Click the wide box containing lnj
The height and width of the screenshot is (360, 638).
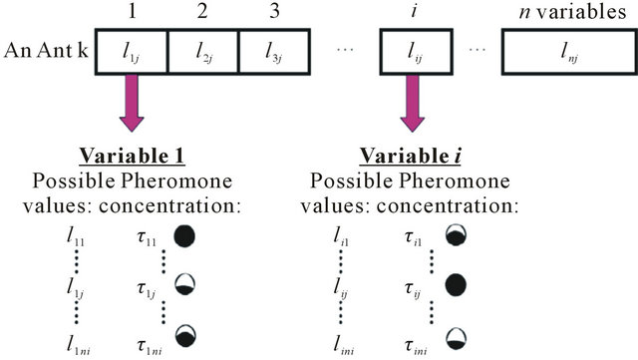(x=564, y=49)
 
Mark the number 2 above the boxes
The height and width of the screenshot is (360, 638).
(x=202, y=13)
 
